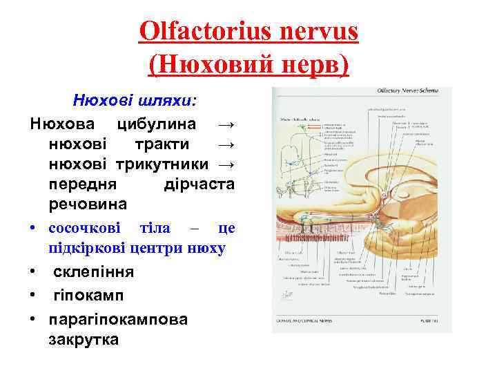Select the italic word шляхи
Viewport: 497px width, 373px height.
tap(169, 101)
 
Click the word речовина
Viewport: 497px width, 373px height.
tap(88, 205)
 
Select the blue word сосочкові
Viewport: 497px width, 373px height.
tap(84, 229)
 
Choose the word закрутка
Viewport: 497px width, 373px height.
tap(84, 341)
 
